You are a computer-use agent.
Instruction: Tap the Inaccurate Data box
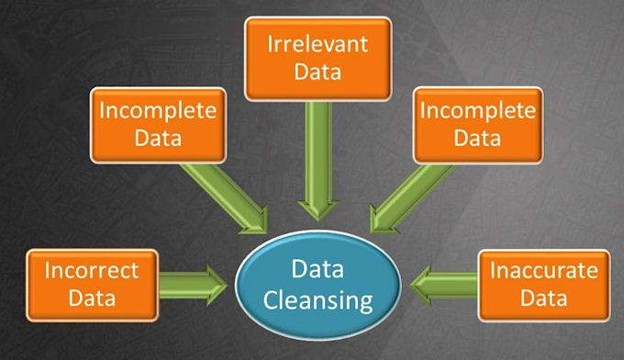coord(543,285)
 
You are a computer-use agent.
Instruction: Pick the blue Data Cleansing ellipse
coord(318,284)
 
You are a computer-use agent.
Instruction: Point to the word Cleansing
coord(318,299)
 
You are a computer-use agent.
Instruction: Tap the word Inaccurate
coord(543,272)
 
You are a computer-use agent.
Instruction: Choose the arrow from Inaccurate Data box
coord(445,284)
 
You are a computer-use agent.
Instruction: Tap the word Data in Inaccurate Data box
coord(543,298)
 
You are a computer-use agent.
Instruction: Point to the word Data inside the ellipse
coord(318,269)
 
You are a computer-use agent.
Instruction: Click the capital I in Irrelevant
coord(271,44)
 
